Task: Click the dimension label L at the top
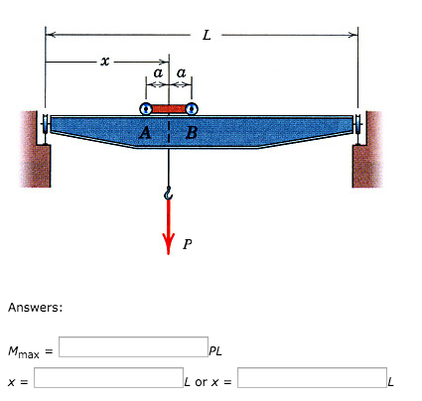(x=206, y=37)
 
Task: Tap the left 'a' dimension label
(x=157, y=73)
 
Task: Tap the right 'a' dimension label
(x=181, y=73)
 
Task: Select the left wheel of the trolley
(x=146, y=109)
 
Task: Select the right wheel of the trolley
(x=192, y=109)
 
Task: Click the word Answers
(x=36, y=307)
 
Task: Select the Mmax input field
(x=133, y=347)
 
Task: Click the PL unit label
(x=215, y=350)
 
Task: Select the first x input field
(x=107, y=378)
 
